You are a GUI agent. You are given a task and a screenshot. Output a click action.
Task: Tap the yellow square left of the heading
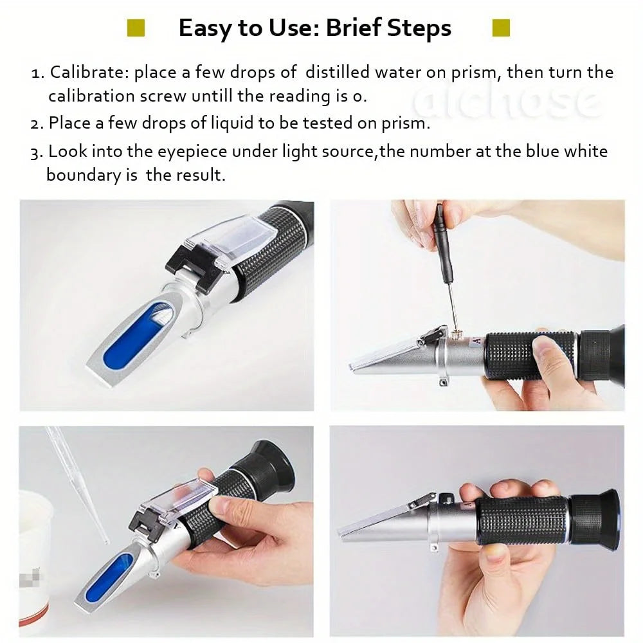(x=136, y=28)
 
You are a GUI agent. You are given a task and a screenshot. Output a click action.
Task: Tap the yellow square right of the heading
(x=500, y=28)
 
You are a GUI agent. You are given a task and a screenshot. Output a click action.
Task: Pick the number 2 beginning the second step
(x=35, y=123)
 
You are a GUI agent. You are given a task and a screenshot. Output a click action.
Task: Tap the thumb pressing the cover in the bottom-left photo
(x=222, y=505)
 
